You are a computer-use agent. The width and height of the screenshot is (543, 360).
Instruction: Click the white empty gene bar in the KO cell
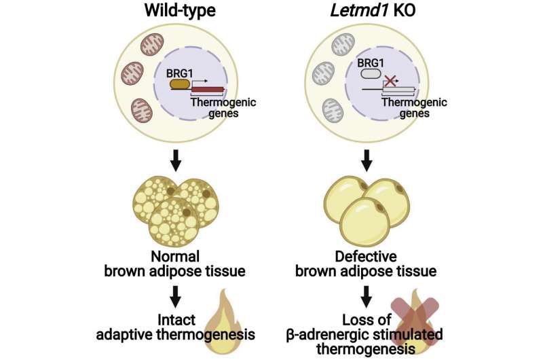[397, 90]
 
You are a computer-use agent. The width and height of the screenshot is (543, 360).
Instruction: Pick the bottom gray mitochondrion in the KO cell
[333, 110]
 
